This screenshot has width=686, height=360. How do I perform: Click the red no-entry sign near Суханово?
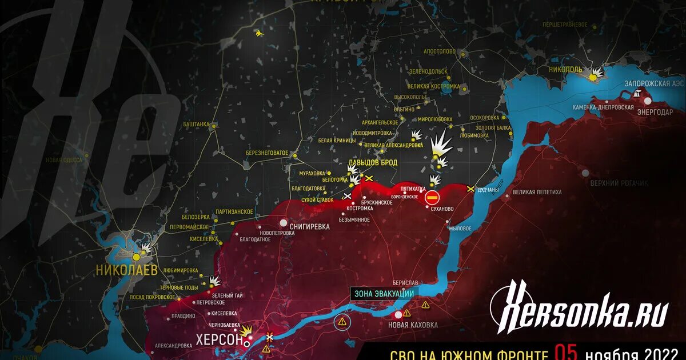coord(432,198)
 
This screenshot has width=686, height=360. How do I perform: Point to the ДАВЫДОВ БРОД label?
coord(372,163)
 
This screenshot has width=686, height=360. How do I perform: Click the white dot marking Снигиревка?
coord(284,223)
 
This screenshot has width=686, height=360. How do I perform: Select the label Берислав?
coord(405,283)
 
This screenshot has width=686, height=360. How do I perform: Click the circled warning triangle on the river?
coord(342,322)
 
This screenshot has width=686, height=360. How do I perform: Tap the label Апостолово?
coord(439,51)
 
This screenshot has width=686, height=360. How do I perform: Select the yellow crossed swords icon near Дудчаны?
coord(470,189)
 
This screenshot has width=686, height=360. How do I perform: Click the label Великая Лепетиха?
coord(536,193)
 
